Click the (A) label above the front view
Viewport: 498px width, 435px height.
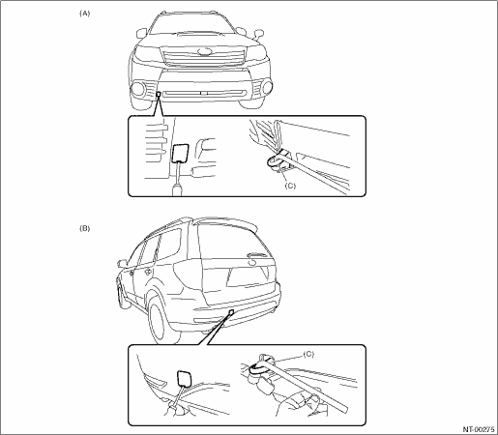[x=84, y=14]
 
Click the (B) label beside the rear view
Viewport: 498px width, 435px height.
[x=84, y=228]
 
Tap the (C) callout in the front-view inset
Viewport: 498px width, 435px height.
[x=290, y=186]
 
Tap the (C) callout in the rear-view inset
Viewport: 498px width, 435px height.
[x=308, y=354]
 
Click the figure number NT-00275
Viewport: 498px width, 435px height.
[x=479, y=429]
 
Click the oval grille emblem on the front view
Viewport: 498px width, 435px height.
[x=204, y=51]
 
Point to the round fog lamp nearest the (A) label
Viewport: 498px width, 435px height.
[x=138, y=89]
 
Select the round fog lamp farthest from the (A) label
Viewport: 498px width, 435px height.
[x=267, y=86]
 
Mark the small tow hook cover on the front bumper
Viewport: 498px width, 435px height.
[x=159, y=94]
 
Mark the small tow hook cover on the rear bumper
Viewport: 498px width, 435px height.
[x=231, y=311]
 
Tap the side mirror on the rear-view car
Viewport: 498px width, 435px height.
[x=122, y=263]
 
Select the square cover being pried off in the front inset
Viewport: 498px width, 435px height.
[x=181, y=153]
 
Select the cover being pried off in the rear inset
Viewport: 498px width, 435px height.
[x=185, y=379]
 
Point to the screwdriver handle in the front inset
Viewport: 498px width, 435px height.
[x=177, y=189]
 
